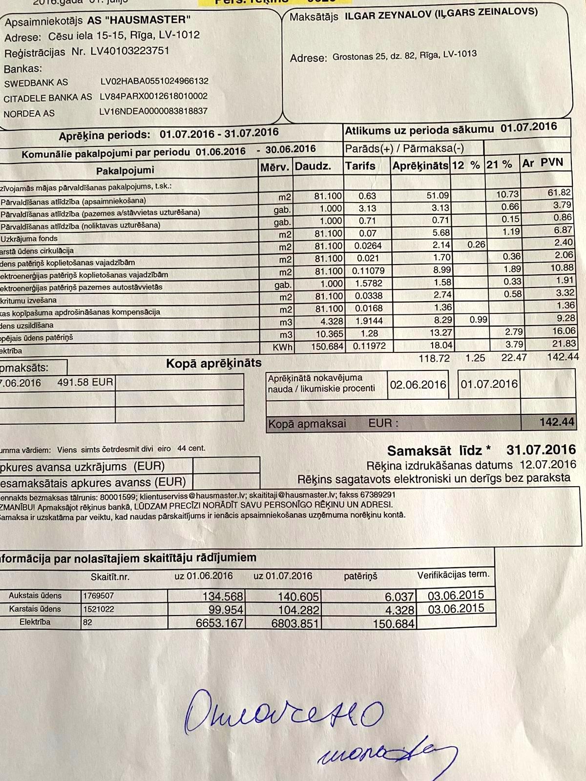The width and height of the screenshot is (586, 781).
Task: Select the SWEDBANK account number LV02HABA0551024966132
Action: (154, 82)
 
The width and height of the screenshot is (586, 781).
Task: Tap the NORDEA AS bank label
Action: (29, 114)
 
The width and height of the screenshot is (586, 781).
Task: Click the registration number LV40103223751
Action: (130, 51)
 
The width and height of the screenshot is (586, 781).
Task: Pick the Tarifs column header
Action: (360, 166)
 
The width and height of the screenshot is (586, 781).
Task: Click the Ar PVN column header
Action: (543, 163)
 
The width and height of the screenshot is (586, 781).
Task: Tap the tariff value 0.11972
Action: (367, 346)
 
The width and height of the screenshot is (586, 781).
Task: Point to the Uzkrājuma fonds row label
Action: (29, 239)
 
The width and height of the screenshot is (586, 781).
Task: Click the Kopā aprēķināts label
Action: (214, 363)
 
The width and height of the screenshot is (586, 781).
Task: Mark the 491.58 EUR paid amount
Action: (85, 382)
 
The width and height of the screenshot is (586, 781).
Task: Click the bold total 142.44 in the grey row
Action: (557, 422)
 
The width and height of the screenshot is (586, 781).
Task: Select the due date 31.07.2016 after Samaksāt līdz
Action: (541, 449)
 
